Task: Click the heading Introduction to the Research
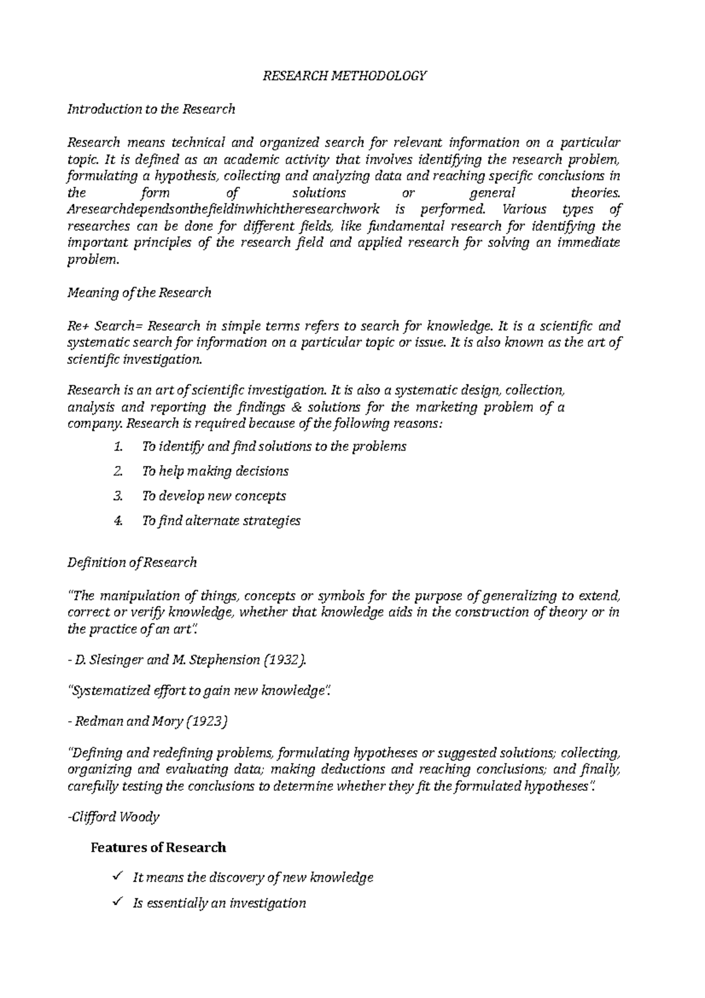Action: (152, 109)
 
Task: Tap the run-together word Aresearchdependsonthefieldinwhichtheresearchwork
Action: (224, 210)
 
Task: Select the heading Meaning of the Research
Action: (139, 293)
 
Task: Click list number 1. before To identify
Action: (117, 447)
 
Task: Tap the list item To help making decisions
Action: (215, 471)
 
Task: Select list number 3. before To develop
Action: (117, 496)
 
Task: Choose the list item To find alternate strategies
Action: (221, 521)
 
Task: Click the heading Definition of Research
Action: (132, 563)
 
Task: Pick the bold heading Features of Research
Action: (158, 848)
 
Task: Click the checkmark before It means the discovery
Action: (116, 877)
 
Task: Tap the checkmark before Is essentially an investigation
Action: (116, 902)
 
